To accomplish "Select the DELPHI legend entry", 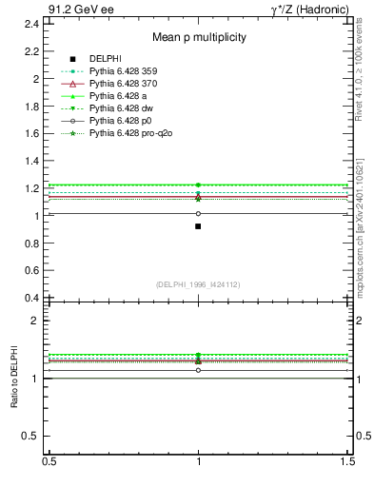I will coord(105,59).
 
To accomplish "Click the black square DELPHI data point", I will coord(198,226).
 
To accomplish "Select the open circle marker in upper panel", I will coord(198,213).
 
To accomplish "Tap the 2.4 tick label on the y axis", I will coord(32,23).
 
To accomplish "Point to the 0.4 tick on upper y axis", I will coord(32,298).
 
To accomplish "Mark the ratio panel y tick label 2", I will coord(36,321).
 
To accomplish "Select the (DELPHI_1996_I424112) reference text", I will coord(198,284).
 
